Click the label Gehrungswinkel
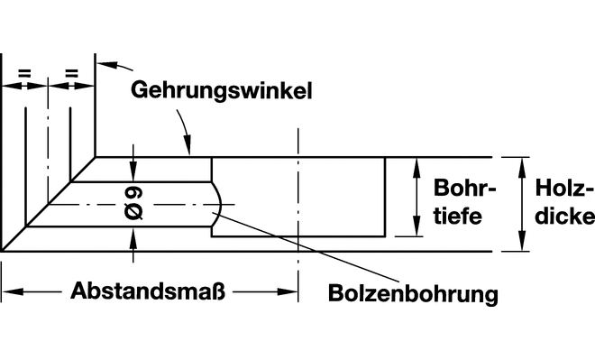click(222, 91)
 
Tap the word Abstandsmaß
click(148, 291)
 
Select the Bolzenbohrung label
click(413, 294)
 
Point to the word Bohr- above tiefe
click(465, 188)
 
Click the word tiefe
click(458, 216)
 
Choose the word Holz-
click(564, 188)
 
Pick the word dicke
click(565, 216)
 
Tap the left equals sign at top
click(24, 73)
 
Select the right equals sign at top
click(71, 73)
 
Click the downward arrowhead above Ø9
click(133, 172)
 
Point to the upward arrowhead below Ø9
click(133, 236)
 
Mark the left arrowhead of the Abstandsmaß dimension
click(12, 291)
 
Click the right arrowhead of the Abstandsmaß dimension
click(288, 291)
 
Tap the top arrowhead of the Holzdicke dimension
click(523, 167)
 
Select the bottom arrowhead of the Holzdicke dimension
click(523, 241)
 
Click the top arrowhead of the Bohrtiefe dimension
click(416, 167)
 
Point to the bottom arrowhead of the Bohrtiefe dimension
click(416, 226)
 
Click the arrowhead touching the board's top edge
click(188, 147)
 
